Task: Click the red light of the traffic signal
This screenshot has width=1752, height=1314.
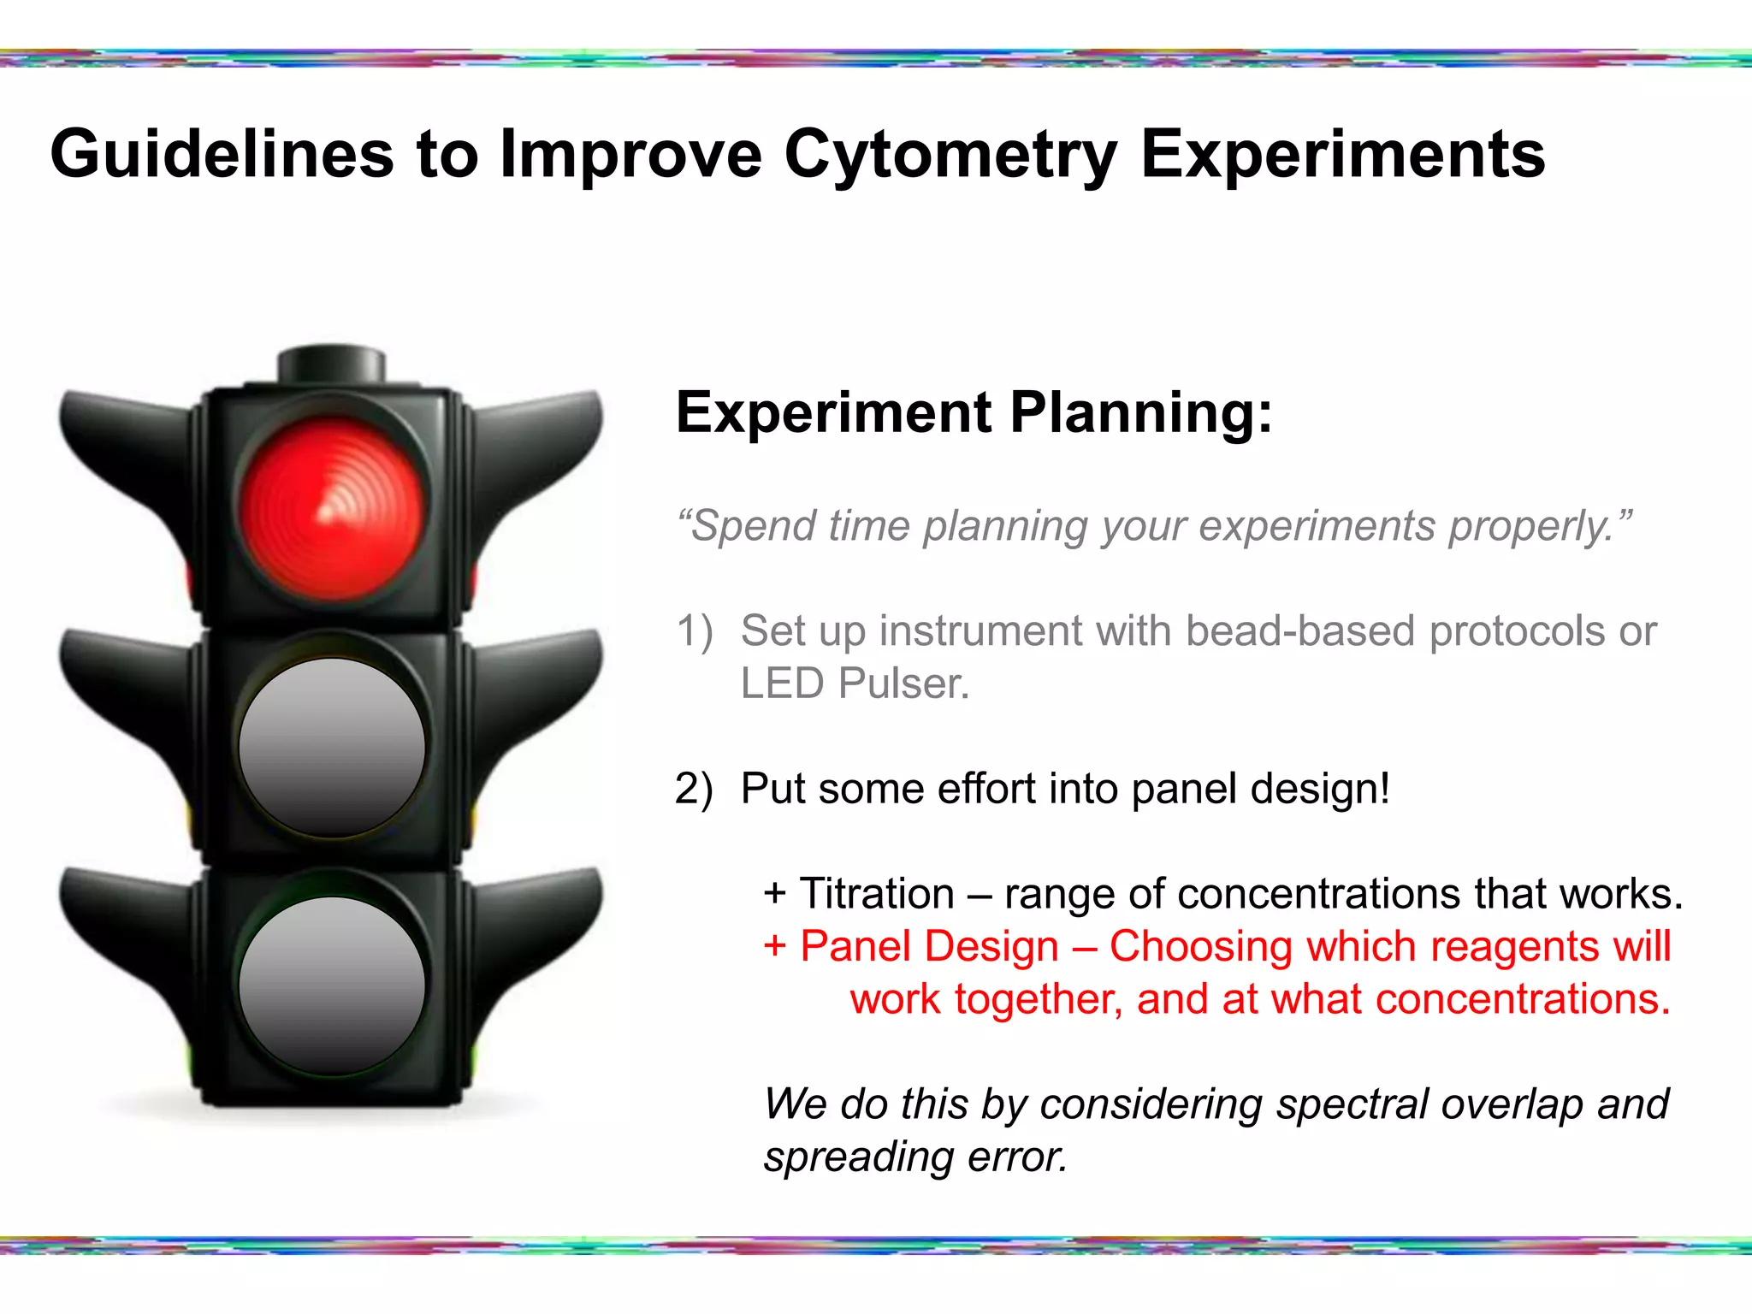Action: tap(332, 509)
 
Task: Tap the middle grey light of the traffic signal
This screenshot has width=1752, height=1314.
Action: tap(332, 747)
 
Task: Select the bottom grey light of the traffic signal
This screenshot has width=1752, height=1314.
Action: tap(332, 985)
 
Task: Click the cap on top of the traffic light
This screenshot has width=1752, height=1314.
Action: tap(332, 364)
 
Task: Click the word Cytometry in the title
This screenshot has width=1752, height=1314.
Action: tap(950, 156)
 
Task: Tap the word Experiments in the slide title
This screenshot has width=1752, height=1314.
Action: tap(1342, 156)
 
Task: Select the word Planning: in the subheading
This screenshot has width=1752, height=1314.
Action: tap(1141, 413)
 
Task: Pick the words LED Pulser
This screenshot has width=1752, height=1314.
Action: tap(855, 684)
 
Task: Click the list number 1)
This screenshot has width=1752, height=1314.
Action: tap(694, 631)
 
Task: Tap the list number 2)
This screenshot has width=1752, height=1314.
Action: tap(694, 789)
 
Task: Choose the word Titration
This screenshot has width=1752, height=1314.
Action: tap(877, 893)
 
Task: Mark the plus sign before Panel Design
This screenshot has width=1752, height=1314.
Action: tap(774, 947)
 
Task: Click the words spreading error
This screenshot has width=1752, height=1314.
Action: tap(915, 1157)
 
